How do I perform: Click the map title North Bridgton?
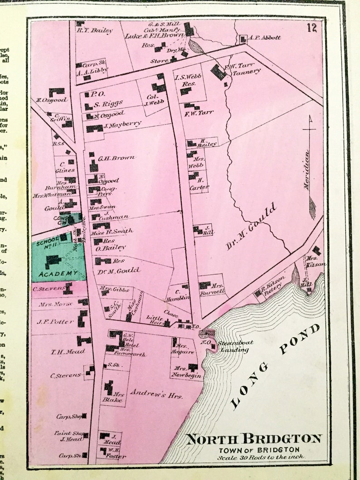[x=254, y=439]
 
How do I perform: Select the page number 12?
[x=311, y=28]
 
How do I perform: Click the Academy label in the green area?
[x=58, y=273]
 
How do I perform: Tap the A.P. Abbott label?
[x=264, y=38]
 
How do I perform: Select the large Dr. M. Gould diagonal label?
[x=252, y=227]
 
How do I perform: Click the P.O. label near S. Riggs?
[x=95, y=94]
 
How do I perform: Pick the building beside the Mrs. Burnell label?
[x=205, y=285]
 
